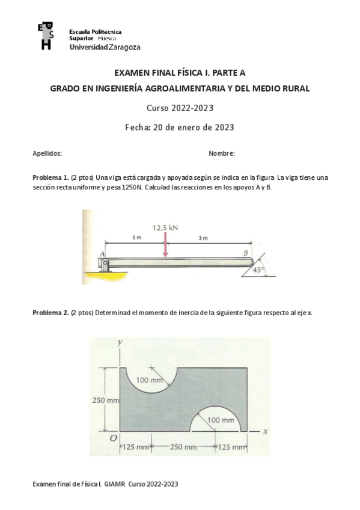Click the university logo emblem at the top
tap(46, 35)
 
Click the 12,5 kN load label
tap(165, 228)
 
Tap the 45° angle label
tap(259, 270)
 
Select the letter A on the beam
tap(102, 254)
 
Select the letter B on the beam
tap(245, 254)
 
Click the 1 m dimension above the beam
tap(137, 238)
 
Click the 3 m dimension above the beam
tap(203, 238)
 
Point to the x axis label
tap(264, 431)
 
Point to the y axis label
tap(120, 342)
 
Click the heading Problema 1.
tap(50, 178)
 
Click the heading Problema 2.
tap(50, 313)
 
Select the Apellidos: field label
tap(47, 153)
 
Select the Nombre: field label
tap(221, 153)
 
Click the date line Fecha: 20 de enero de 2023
tap(179, 127)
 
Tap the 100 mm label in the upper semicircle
tap(150, 380)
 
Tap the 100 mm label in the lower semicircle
tap(221, 420)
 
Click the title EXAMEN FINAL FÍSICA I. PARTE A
tap(180, 73)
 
